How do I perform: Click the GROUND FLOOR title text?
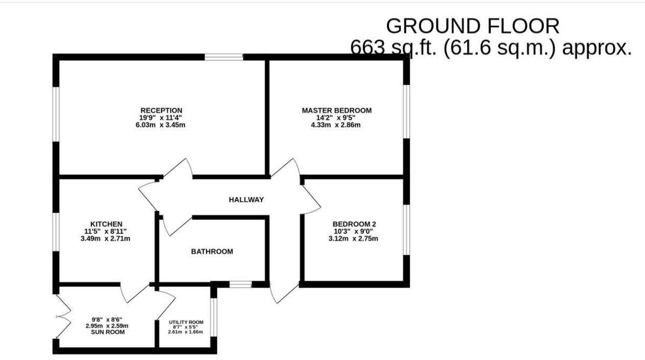coord(472,26)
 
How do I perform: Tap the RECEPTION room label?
coord(161,110)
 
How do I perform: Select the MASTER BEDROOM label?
coord(336,110)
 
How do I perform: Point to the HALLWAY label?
coord(246,200)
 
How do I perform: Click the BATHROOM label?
coord(212,252)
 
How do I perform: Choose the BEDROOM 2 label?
coord(354,224)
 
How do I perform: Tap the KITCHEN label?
coord(106,224)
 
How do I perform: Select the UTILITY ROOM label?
coord(186,322)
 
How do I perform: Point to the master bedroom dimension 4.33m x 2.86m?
coord(336,125)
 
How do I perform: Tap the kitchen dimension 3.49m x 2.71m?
coord(106,238)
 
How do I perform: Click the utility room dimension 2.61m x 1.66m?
coord(186,332)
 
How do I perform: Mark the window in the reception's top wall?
coord(224,57)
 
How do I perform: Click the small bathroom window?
coord(240,284)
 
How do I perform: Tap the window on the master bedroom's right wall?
coord(406,111)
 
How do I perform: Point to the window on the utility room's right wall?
coord(214,317)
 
